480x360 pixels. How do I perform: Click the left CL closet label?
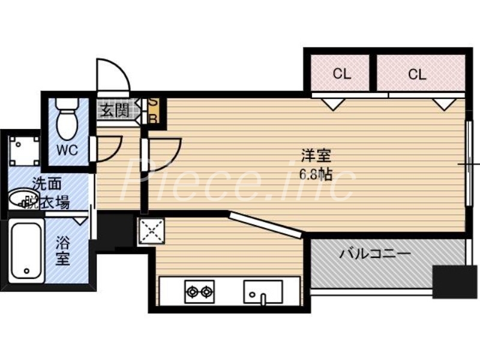click(x=341, y=74)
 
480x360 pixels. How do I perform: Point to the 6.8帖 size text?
click(x=316, y=174)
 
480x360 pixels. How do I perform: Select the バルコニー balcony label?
click(x=375, y=253)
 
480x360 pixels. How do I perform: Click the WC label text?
click(x=67, y=151)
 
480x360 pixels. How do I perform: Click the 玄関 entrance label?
click(x=113, y=110)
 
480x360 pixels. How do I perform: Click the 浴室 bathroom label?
click(x=63, y=252)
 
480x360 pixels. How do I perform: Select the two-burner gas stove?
click(x=199, y=292)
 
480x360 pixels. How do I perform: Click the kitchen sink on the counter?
click(x=262, y=292)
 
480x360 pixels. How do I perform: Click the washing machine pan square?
click(x=24, y=151)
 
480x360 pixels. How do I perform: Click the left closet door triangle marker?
click(x=329, y=103)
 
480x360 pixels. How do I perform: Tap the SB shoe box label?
click(x=153, y=110)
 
